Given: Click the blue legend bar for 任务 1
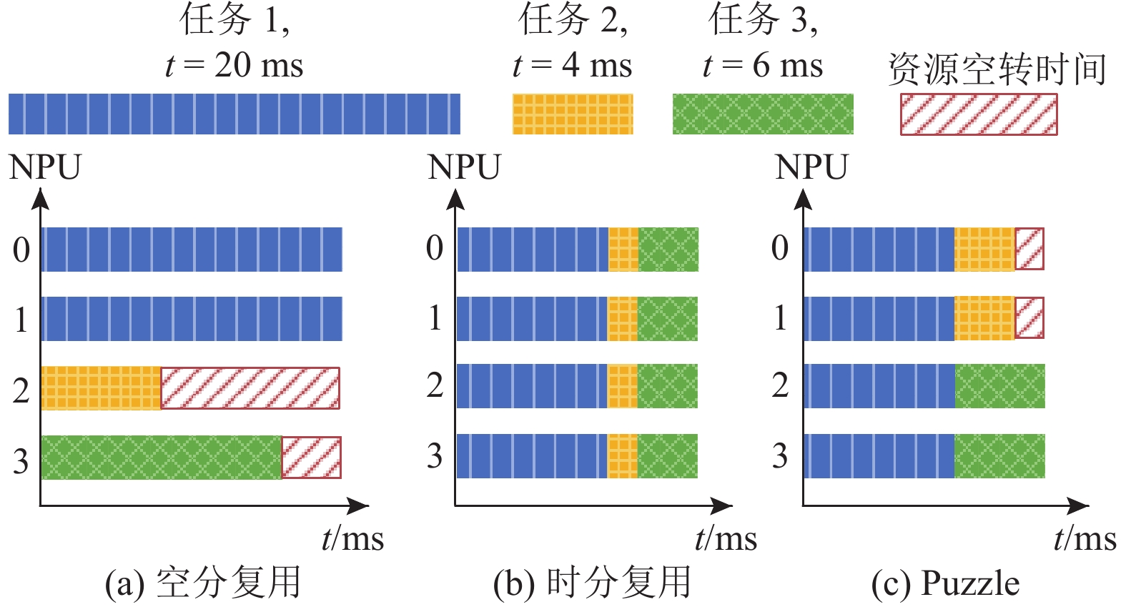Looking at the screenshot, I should point(234,114).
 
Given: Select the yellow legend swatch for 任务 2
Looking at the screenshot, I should point(573,114).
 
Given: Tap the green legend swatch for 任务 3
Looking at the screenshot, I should point(763,114).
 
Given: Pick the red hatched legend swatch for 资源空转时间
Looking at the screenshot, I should point(978,114).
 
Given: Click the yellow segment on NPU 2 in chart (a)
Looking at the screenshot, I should point(101,388).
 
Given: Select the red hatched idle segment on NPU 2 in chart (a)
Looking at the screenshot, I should point(250,388).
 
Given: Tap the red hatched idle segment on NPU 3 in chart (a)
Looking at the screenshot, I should point(311,458).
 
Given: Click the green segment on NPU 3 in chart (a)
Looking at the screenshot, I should point(162,458).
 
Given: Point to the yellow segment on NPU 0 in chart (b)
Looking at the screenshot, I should point(623,250).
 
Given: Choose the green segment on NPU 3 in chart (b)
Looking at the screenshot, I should point(668,456).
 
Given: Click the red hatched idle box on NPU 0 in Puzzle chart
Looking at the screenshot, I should point(1029,249).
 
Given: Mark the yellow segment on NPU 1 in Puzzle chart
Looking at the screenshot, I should point(984,318).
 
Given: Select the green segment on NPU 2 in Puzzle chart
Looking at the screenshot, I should point(999,386).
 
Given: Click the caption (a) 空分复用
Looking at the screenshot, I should point(203,583).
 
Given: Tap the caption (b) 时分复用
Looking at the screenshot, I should point(592,583).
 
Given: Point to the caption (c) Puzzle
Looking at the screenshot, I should point(945,583).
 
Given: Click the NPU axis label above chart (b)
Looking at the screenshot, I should point(464,167).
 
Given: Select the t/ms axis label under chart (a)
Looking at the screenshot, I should point(352,538).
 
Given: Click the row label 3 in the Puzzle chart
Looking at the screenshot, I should point(780,456).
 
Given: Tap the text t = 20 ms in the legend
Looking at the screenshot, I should point(234,66).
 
